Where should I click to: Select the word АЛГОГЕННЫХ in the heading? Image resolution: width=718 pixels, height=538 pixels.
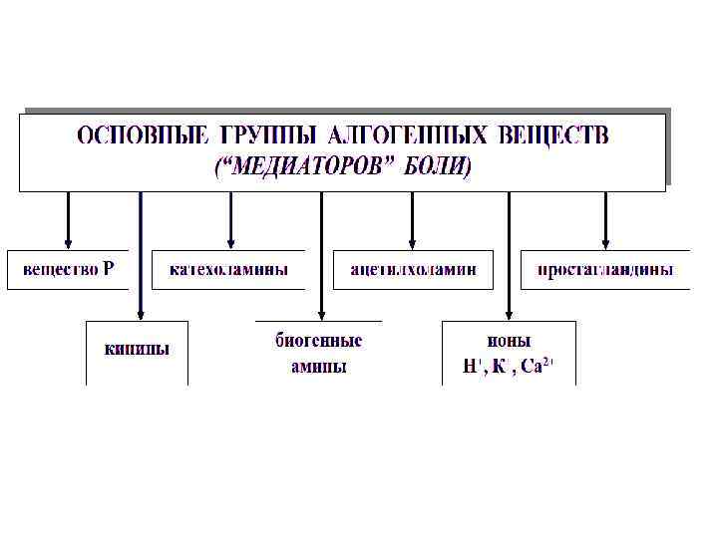pyautogui.click(x=409, y=134)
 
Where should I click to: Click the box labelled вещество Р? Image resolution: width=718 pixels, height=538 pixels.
pyautogui.click(x=69, y=269)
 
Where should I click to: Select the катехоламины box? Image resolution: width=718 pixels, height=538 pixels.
pyautogui.click(x=229, y=269)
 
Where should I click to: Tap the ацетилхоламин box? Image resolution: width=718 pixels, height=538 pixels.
pyautogui.click(x=413, y=269)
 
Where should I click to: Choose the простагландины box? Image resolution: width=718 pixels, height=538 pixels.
pyautogui.click(x=605, y=269)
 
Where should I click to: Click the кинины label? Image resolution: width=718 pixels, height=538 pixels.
pyautogui.click(x=137, y=349)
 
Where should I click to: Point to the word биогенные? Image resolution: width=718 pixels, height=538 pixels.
pyautogui.click(x=319, y=341)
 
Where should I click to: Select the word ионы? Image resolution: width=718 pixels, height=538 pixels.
pyautogui.click(x=509, y=341)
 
